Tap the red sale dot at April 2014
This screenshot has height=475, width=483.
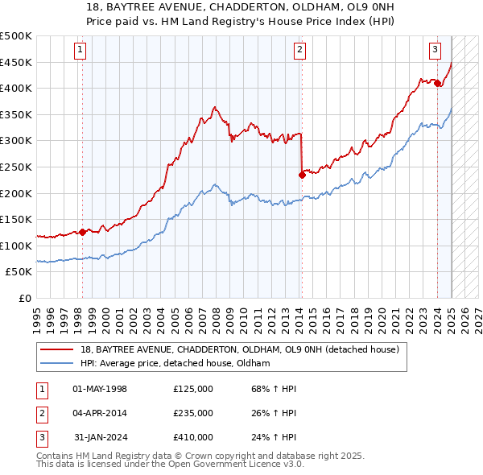tap(301, 174)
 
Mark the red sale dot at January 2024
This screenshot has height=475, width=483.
tap(437, 83)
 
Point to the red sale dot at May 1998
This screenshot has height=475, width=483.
tap(82, 232)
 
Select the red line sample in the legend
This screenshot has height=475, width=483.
tap(56, 349)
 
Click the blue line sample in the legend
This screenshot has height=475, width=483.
tap(56, 363)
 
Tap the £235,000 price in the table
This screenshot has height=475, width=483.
tap(193, 413)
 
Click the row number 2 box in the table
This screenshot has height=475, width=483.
tap(41, 413)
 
